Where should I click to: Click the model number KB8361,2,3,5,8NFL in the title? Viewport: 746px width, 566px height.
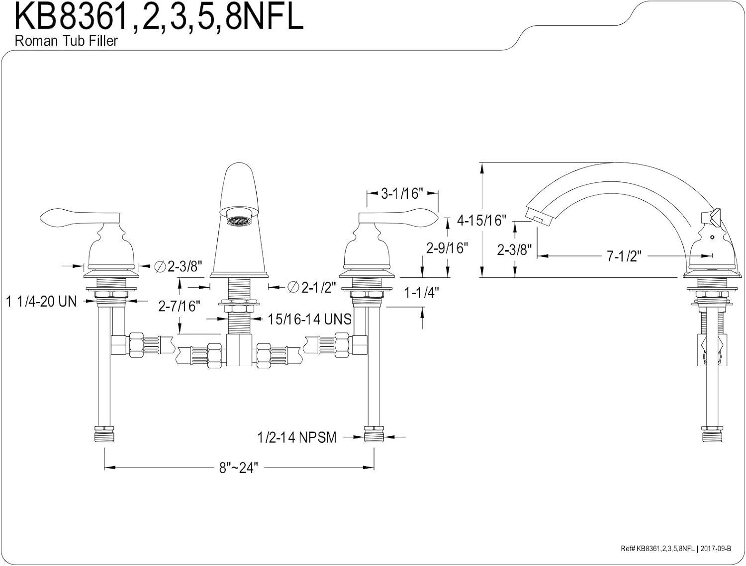tap(158, 18)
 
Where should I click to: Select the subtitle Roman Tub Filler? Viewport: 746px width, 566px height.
tap(66, 41)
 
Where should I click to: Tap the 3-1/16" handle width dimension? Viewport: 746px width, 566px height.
tap(402, 193)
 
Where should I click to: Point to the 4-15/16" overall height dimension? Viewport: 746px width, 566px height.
tap(481, 220)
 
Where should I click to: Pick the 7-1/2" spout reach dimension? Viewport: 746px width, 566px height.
tap(624, 256)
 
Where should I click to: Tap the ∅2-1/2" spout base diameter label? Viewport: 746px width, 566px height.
tap(311, 287)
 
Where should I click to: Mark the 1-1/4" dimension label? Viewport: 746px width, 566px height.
tap(421, 293)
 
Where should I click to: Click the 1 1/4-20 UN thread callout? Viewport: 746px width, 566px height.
tap(42, 301)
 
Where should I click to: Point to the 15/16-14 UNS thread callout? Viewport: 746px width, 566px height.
tap(309, 319)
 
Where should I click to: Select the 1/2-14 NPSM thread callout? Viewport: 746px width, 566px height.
tap(297, 437)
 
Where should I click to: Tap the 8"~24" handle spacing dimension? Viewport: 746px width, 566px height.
tap(240, 468)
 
